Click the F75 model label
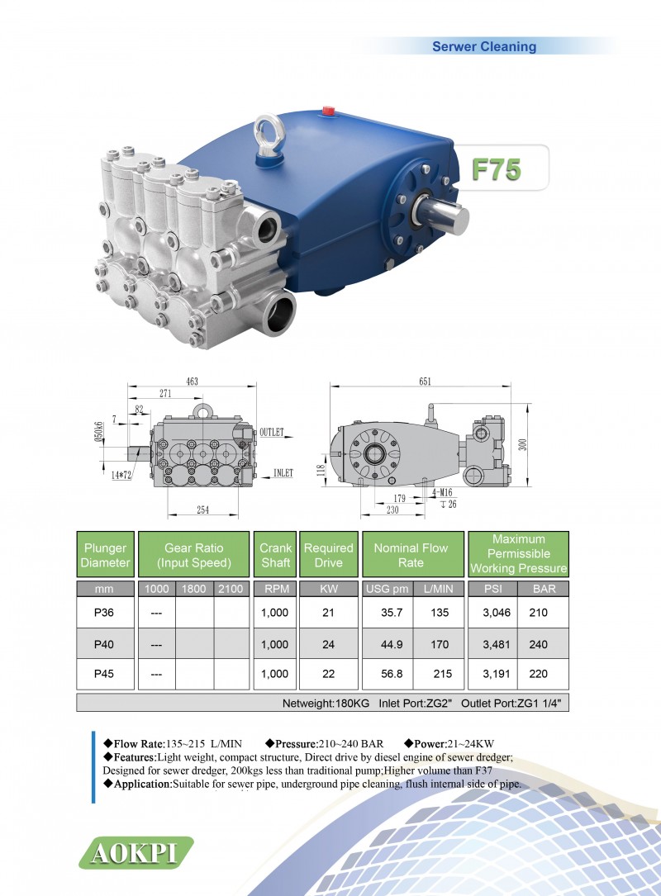[496, 169]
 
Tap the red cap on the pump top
[328, 110]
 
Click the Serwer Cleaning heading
[483, 46]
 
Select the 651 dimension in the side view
[425, 382]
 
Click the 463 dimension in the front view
[193, 382]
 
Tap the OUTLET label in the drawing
[272, 432]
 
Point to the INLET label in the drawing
[283, 473]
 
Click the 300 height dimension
[522, 444]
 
